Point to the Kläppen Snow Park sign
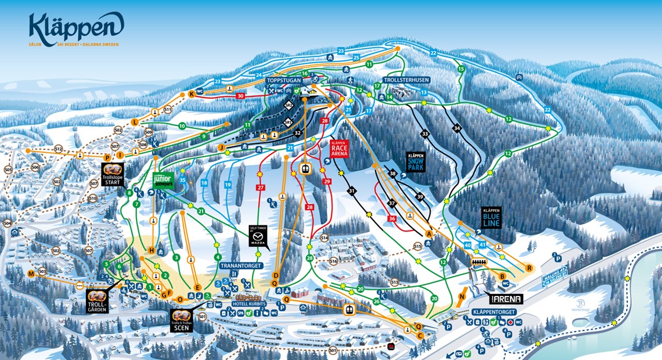point(416,162)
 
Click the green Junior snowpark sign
point(163,180)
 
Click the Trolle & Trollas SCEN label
point(182,321)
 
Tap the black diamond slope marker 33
point(425,134)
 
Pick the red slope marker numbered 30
point(240,96)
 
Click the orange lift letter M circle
point(31,273)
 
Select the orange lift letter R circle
point(529,268)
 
